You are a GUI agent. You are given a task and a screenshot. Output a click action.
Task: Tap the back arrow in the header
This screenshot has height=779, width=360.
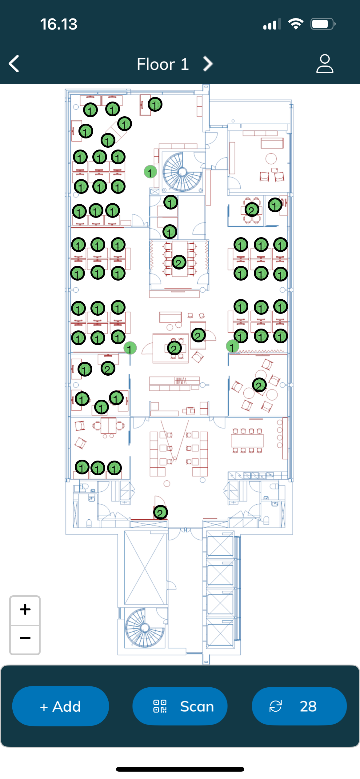[14, 64]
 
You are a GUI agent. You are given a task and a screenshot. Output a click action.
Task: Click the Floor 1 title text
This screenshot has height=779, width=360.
[163, 64]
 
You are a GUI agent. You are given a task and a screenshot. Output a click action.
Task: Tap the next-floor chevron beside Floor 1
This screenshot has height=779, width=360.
[208, 64]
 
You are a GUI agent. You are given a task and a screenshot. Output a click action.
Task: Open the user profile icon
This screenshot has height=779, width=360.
[325, 64]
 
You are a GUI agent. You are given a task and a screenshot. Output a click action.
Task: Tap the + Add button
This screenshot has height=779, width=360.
[60, 706]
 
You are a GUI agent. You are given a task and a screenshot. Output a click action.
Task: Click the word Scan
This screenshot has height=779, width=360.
[197, 706]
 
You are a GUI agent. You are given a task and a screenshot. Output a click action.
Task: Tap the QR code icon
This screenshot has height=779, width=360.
[160, 706]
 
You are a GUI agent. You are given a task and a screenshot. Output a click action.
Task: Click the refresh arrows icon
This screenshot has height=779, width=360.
[275, 706]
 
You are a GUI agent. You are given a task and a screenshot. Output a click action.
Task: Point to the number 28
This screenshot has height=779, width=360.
[308, 706]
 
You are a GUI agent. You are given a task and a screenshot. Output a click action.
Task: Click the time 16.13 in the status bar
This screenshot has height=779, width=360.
[58, 24]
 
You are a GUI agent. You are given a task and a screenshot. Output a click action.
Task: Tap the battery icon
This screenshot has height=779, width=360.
[323, 24]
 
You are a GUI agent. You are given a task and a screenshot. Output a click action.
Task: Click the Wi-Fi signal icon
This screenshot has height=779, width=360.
[296, 24]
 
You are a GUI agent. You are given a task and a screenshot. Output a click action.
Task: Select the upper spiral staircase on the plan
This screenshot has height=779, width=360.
[182, 172]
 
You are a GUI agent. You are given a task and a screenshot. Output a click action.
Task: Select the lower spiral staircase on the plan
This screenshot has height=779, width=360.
[145, 628]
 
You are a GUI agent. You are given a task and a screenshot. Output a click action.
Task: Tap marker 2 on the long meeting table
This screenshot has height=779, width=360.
[179, 262]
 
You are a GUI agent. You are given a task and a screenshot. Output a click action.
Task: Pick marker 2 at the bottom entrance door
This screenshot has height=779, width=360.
[160, 513]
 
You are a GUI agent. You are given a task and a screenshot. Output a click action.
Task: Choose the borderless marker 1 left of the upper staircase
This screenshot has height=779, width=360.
[150, 172]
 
